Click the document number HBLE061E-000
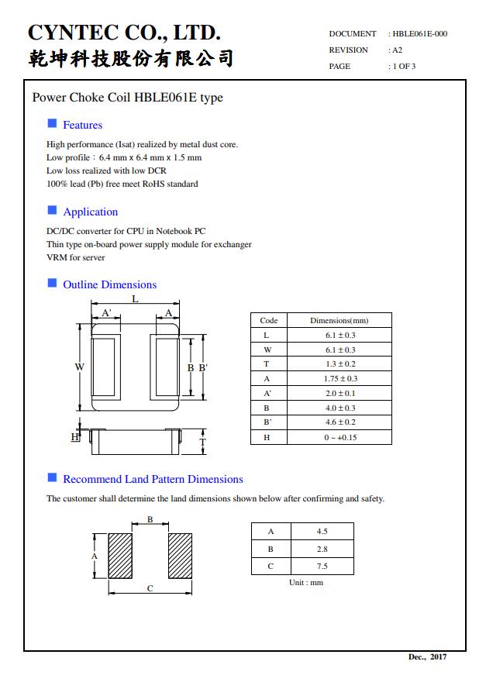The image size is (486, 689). coord(419,33)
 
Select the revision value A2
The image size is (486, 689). coord(397,50)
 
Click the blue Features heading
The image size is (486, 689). coord(82,125)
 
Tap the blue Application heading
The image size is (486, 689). coord(90,212)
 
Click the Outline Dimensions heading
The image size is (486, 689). coord(109,284)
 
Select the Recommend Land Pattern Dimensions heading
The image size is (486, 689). coord(153,479)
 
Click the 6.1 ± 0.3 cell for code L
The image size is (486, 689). coord(340,335)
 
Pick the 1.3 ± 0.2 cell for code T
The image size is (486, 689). coord(340,364)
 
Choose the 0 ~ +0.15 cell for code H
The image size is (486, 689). coord(340,437)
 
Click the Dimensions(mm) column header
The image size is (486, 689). coord(340,320)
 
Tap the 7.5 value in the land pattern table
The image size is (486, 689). coord(322,566)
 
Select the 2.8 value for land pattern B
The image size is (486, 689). coord(322,549)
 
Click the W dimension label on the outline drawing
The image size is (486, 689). coord(79,367)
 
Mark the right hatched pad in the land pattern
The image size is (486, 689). coord(180,556)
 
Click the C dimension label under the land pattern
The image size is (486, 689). coord(150,588)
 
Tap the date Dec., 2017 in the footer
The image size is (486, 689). coord(427,657)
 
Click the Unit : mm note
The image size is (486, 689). coord(306,582)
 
